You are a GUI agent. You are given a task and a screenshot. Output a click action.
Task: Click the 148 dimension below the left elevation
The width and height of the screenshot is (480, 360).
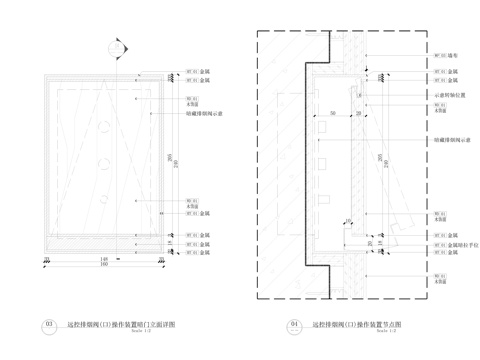103,257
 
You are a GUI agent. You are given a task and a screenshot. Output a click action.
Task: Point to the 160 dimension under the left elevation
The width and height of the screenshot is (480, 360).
103,265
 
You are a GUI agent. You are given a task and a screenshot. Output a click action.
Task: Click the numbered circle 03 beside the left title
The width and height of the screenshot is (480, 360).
49,325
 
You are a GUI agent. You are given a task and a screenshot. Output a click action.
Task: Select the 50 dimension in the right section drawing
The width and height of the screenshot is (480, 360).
330,114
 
